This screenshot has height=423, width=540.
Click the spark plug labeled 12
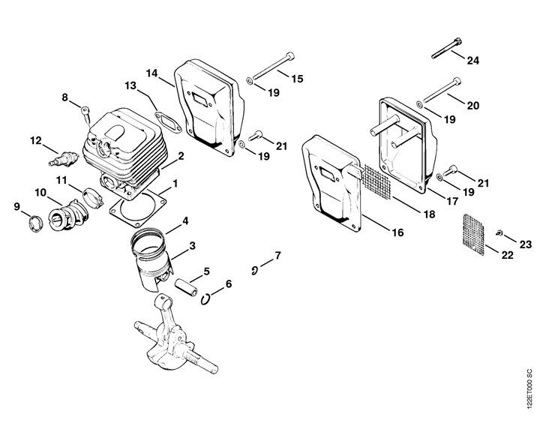64,159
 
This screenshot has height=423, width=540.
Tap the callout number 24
472,61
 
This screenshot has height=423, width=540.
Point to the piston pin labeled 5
186,287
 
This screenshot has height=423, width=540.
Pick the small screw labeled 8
86,114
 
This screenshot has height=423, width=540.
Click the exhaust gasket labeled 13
168,122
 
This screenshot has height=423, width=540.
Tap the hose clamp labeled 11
93,198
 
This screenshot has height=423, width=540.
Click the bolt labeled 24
446,48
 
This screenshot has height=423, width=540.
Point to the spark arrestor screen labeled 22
473,235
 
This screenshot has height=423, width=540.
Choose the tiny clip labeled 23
499,233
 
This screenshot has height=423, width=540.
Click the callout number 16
397,232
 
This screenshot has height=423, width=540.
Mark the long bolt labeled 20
442,90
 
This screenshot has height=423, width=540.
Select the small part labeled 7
254,271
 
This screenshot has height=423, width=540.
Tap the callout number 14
151,73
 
